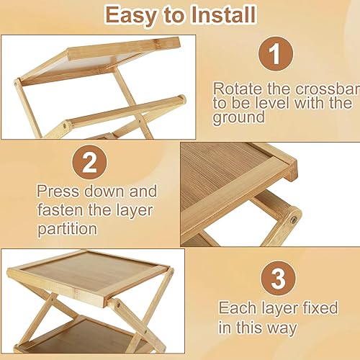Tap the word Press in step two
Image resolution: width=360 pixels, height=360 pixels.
(x=58, y=193)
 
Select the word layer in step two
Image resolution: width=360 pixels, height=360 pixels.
(x=135, y=212)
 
